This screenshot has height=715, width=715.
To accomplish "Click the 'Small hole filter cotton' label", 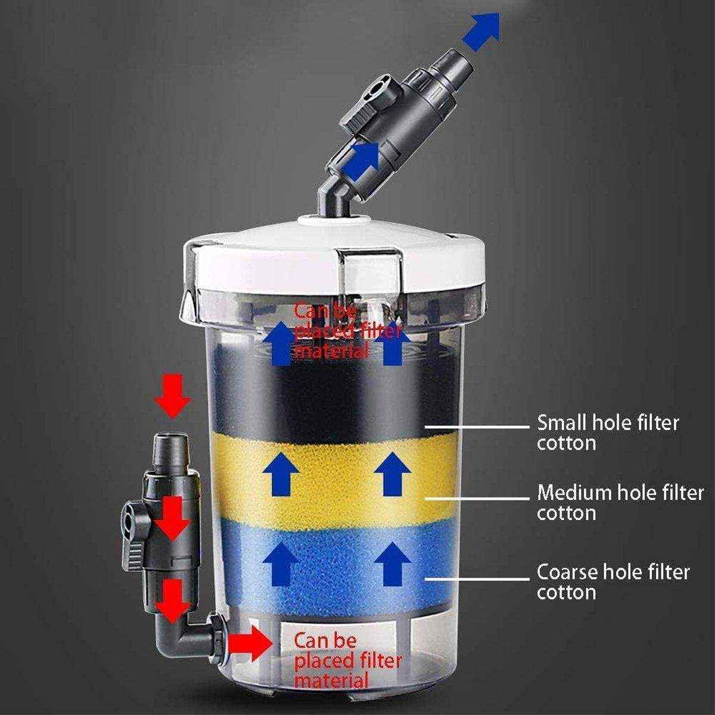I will [x=608, y=433].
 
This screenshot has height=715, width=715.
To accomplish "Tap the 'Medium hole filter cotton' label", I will [x=620, y=502].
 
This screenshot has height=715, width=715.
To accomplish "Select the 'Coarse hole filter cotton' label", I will [x=613, y=582].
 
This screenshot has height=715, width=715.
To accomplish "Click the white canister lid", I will [x=334, y=250].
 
